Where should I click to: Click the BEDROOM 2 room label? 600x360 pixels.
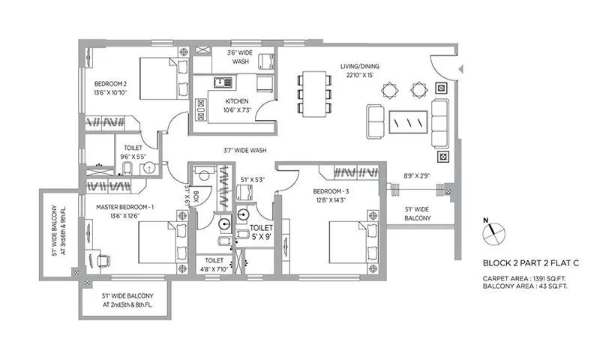(x=111, y=84)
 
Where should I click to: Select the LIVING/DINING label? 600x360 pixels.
(x=360, y=66)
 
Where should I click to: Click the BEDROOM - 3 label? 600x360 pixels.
(x=330, y=192)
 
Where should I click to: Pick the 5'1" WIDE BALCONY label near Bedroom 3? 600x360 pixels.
(x=417, y=214)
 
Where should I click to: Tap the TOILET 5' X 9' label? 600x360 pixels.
(x=260, y=231)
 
